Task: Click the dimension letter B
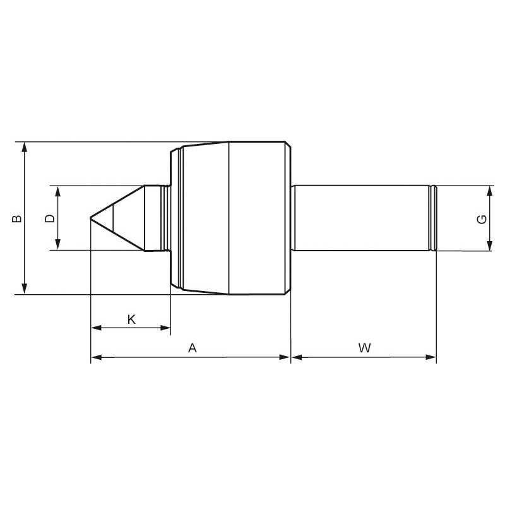coord(16,218)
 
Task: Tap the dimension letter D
coord(50,218)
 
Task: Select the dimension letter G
coord(482,220)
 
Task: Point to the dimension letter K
coord(131,319)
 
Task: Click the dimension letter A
coord(193,348)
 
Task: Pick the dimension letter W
coord(365,348)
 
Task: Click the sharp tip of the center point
coord(90,218)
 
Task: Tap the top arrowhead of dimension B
coord(25,147)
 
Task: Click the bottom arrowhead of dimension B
coord(25,288)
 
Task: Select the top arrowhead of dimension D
coord(58,191)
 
